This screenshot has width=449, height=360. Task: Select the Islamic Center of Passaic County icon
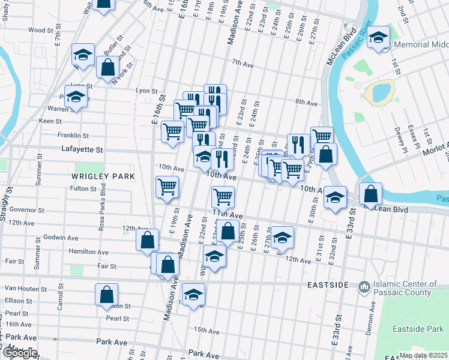pyautogui.click(x=363, y=289)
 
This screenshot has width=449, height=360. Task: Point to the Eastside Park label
pyautogui.click(x=418, y=329)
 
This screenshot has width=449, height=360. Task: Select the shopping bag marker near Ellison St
pyautogui.click(x=106, y=295)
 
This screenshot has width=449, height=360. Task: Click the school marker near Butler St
pyautogui.click(x=83, y=55)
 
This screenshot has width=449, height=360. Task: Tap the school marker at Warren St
pyautogui.click(x=76, y=97)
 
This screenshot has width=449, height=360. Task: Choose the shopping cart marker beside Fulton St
pyautogui.click(x=167, y=187)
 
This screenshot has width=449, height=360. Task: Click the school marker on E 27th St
pyautogui.click(x=282, y=238)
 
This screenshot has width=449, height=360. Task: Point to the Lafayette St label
pyautogui.click(x=82, y=149)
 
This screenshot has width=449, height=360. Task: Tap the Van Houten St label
pyautogui.click(x=25, y=289)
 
